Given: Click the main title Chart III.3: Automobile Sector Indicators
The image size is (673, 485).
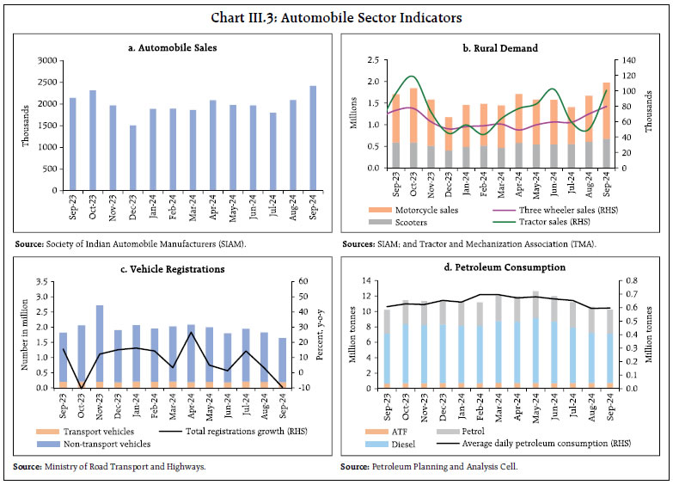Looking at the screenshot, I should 336,16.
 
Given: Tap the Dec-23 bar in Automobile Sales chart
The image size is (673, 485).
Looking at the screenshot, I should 132,157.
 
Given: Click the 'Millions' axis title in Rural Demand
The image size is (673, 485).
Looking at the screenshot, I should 352,114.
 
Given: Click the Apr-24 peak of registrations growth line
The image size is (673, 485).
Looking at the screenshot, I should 190,333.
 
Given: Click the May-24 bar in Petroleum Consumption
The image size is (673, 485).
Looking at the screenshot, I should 535,340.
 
